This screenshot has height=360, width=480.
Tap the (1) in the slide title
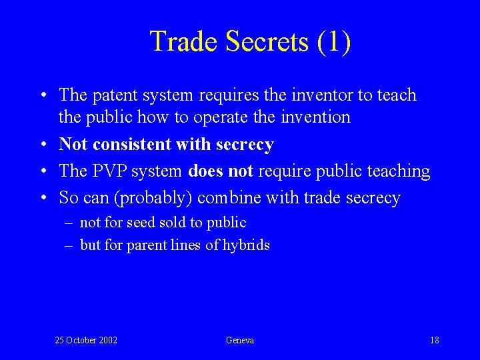click(x=334, y=41)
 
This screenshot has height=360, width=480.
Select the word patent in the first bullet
click(x=113, y=95)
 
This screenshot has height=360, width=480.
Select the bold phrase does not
click(x=220, y=171)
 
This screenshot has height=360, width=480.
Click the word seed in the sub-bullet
click(x=140, y=223)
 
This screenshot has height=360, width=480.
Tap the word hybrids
click(x=246, y=245)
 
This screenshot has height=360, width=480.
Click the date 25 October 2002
click(x=86, y=340)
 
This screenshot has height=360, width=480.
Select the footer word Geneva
click(x=240, y=340)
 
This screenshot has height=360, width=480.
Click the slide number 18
click(x=434, y=340)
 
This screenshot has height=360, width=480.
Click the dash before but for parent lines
click(x=69, y=245)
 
